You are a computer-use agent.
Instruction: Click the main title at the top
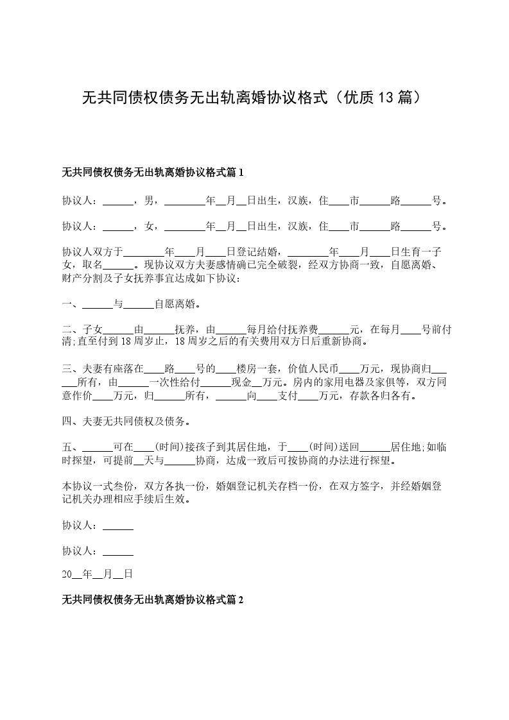pos(254,98)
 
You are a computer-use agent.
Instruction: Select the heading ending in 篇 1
pos(153,173)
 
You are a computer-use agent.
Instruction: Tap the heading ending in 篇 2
pos(153,600)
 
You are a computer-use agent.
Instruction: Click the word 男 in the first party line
pos(149,200)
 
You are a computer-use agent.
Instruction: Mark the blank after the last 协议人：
pos(118,551)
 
